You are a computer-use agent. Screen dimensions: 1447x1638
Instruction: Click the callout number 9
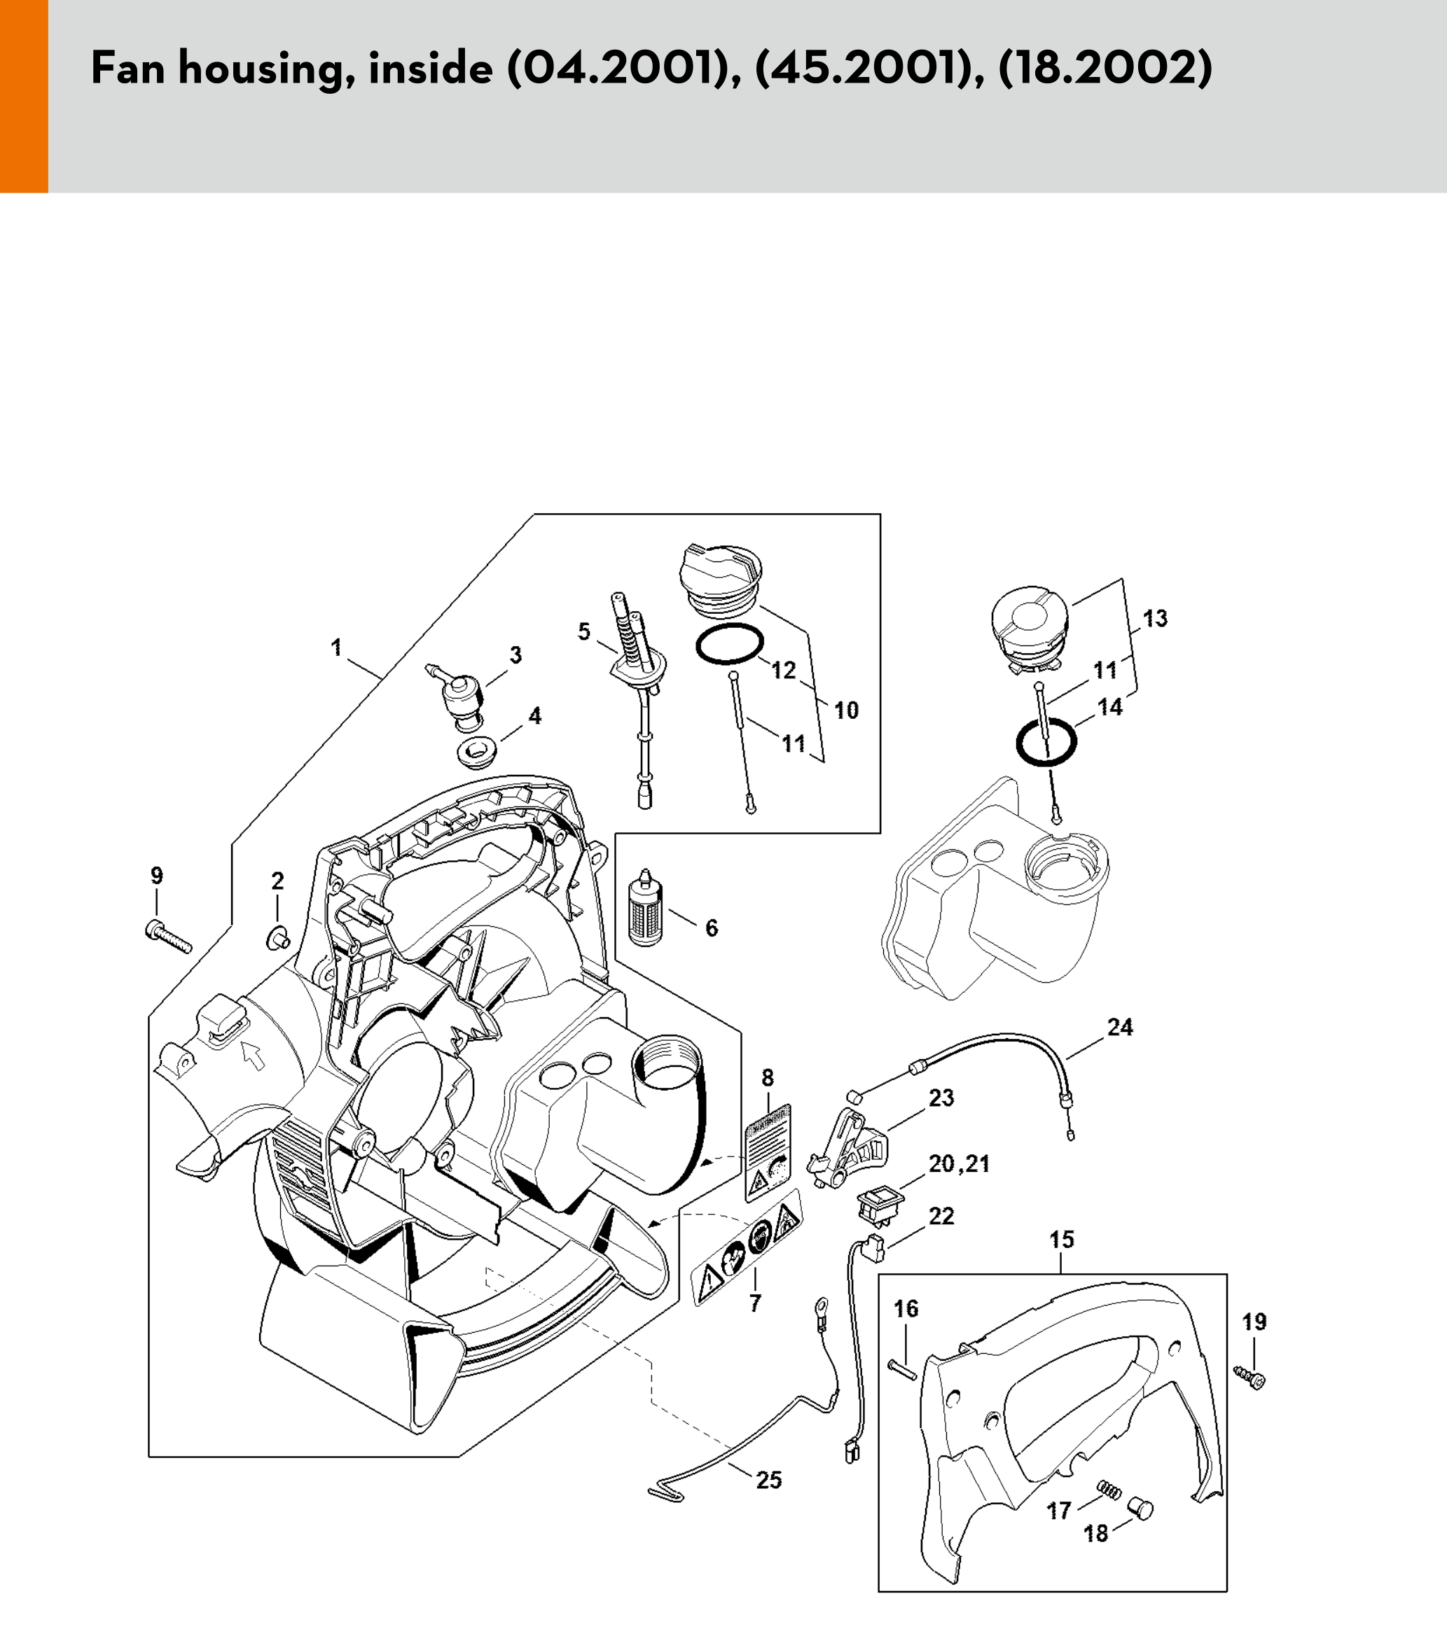pyautogui.click(x=156, y=876)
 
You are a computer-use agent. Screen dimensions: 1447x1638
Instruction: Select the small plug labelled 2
pyautogui.click(x=277, y=936)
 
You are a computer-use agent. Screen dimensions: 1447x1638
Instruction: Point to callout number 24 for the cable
pyautogui.click(x=1120, y=1028)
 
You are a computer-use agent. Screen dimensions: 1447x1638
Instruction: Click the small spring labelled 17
pyautogui.click(x=1108, y=1491)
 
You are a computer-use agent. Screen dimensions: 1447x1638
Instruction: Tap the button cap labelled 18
pyautogui.click(x=1139, y=1511)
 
